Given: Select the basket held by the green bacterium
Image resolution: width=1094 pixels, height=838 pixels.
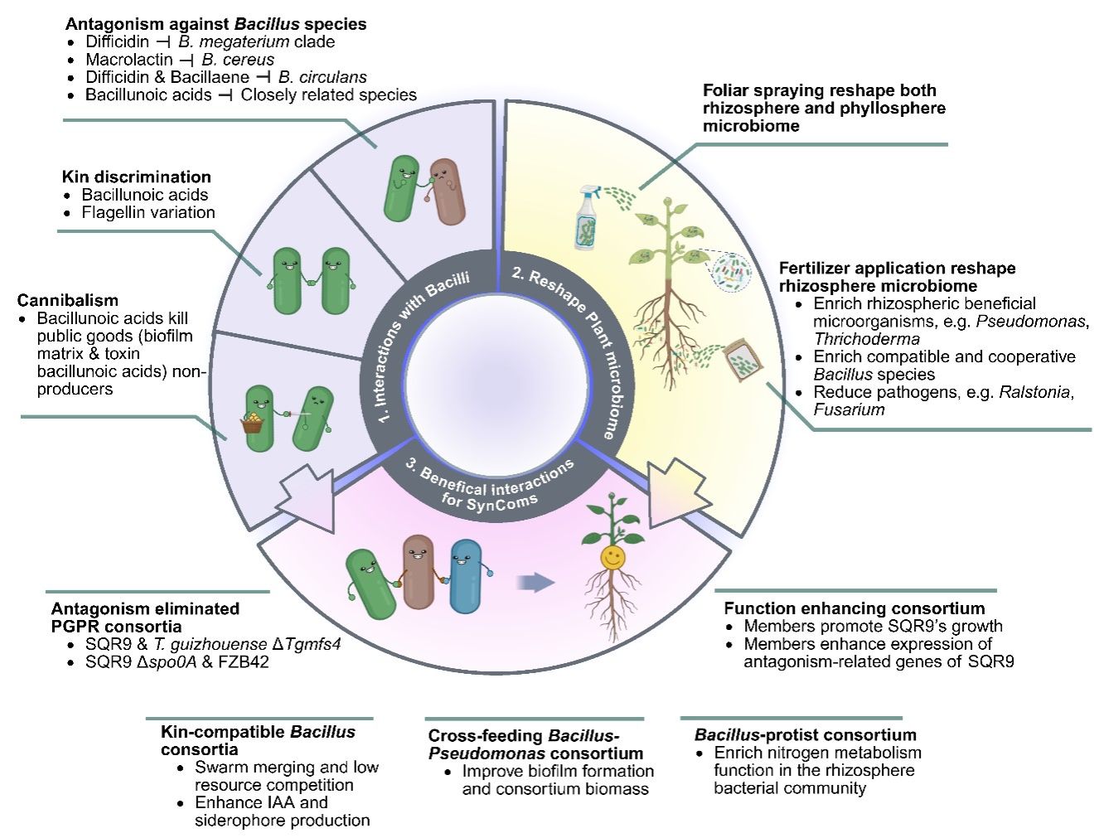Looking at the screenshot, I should point(251,424).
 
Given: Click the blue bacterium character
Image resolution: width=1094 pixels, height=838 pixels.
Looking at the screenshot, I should point(466,574).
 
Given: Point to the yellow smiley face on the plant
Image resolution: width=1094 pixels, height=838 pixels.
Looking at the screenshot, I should point(612,557).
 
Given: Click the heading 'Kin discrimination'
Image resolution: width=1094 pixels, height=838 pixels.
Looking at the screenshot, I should point(137,177).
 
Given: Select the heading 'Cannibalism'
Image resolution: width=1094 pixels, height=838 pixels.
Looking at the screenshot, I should point(68,300).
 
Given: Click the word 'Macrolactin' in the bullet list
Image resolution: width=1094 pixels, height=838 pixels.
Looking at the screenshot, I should point(129,60).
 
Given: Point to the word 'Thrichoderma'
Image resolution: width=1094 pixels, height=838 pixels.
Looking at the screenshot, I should point(866,338).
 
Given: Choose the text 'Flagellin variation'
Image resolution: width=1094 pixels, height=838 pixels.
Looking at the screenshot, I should point(148,212).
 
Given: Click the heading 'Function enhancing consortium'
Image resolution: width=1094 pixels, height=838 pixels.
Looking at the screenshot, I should point(854,608).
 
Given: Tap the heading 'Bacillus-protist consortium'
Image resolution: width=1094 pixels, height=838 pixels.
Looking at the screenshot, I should point(806,734).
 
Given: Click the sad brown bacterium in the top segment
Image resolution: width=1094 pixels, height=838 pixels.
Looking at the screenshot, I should point(448,191).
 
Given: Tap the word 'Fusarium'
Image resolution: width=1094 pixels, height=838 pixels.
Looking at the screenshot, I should point(849,409).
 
